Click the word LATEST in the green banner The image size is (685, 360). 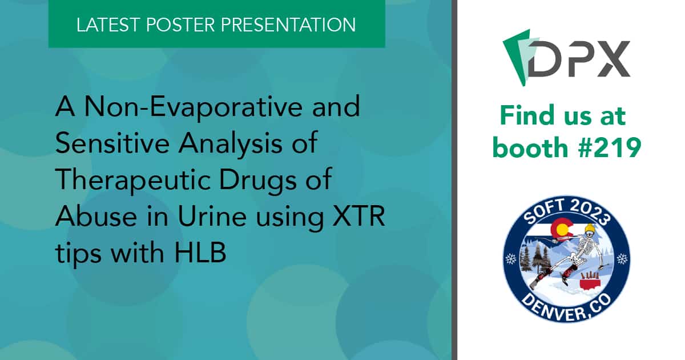(x=108, y=25)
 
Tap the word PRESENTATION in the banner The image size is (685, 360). (x=288, y=25)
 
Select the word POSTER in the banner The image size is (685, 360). (x=181, y=25)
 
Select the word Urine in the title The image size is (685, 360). (x=212, y=216)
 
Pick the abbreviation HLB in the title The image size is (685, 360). (x=200, y=253)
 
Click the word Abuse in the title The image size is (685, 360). (x=96, y=216)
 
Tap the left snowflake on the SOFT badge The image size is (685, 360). (x=511, y=259)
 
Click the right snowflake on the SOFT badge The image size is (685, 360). (x=622, y=259)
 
